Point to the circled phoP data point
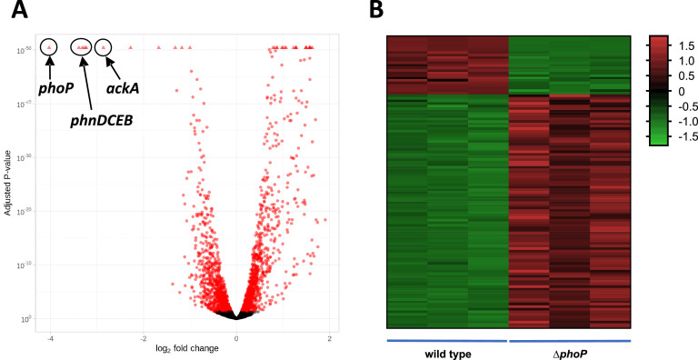tap(49, 46)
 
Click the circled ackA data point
tap(104, 46)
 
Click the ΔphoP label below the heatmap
tap(568, 352)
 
